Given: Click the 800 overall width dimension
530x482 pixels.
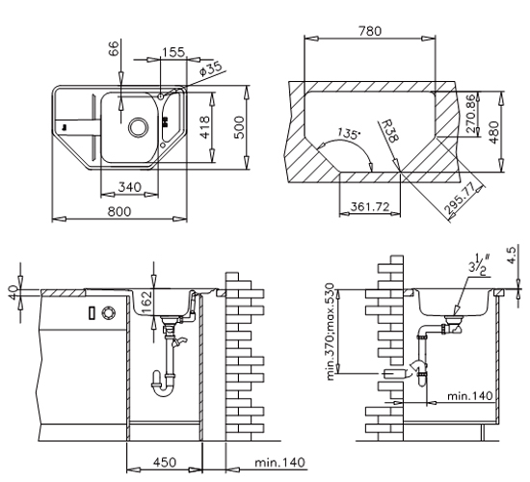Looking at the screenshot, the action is point(119,212).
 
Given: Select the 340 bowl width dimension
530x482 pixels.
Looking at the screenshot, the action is point(129,187).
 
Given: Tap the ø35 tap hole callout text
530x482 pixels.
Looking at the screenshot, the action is point(210,68).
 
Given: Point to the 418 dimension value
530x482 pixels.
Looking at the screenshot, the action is point(205,127).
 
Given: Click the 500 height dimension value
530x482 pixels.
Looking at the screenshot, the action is point(239,127).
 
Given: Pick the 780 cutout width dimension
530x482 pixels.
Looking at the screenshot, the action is point(370,31).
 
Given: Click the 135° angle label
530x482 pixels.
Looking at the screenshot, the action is point(349,134).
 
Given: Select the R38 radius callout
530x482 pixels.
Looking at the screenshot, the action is point(390,131).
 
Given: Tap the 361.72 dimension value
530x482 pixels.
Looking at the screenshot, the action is point(370,206).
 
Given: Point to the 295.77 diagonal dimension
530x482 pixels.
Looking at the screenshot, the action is point(464,200).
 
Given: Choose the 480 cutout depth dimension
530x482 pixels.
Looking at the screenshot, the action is point(494,132).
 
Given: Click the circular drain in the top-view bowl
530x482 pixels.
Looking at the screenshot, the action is point(138,127).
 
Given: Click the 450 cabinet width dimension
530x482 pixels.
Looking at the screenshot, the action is point(165,462).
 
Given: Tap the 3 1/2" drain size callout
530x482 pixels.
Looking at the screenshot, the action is point(479,264).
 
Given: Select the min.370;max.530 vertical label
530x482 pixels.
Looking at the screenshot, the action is point(331,332).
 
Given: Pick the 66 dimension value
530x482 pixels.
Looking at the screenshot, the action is point(114,48).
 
